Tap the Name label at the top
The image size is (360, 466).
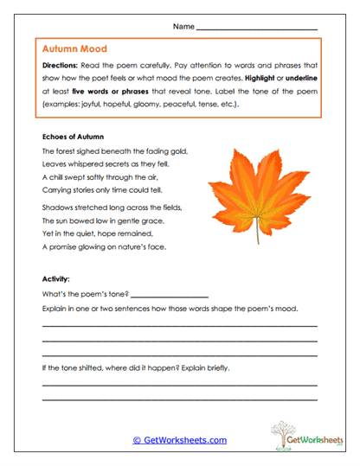pyautogui.click(x=183, y=27)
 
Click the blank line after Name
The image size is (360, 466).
pyautogui.click(x=257, y=29)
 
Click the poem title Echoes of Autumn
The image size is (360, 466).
pyautogui.click(x=73, y=136)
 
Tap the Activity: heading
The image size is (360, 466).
pyautogui.click(x=57, y=279)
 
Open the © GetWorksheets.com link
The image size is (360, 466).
pyautogui.click(x=179, y=440)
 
